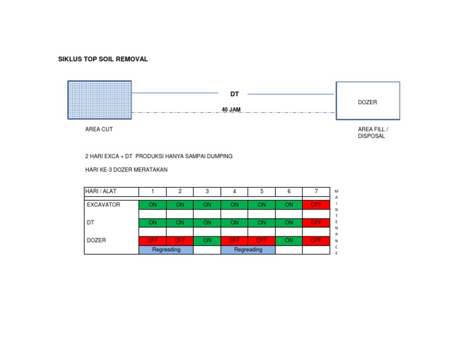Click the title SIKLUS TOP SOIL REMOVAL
point(103,59)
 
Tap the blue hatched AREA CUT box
point(100,100)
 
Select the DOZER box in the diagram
point(368,101)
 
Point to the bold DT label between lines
point(234,94)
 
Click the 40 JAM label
point(231,110)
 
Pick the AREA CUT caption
point(99,129)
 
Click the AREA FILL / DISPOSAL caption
point(373,133)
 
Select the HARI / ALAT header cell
point(111,192)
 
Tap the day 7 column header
point(316,192)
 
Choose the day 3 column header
point(207,192)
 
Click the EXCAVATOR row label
point(104,205)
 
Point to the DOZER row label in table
point(96,240)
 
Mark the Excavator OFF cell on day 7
point(316,205)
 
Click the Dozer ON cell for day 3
point(207,241)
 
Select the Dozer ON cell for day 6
point(289,241)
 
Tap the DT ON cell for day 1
point(153,222)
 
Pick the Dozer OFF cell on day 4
point(234,241)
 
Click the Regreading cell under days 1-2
point(166,250)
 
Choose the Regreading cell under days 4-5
point(248,250)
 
